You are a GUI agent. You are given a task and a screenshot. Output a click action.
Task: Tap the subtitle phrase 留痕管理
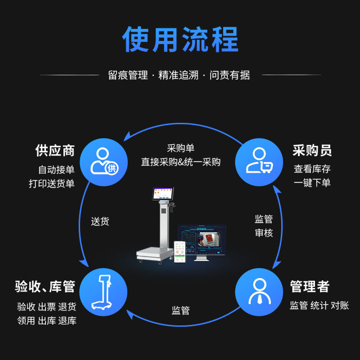(x=128, y=75)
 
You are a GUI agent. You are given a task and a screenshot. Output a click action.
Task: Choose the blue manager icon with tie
(x=259, y=292)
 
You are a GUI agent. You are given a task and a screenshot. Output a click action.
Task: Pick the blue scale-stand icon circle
(x=103, y=292)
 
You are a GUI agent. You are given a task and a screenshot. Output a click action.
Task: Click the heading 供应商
(x=55, y=150)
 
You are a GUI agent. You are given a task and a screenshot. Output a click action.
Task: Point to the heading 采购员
(x=312, y=150)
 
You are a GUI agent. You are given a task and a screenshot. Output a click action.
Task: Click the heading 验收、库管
(x=45, y=287)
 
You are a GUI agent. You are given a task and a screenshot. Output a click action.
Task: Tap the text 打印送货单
(x=52, y=184)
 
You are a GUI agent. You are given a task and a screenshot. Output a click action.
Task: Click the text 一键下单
(x=312, y=183)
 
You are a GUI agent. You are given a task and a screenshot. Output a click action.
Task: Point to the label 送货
(x=100, y=221)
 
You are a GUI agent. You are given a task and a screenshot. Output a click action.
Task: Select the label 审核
(x=264, y=233)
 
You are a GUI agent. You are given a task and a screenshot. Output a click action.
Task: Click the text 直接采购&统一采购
(x=180, y=162)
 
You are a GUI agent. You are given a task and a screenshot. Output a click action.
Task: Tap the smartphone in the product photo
(x=180, y=252)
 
